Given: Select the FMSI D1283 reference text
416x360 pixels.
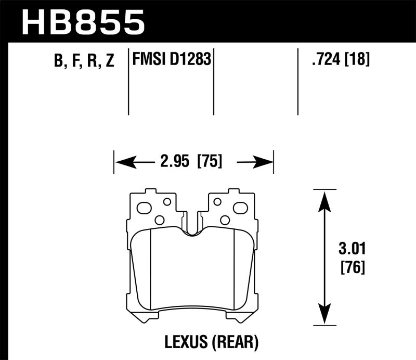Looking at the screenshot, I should coord(172,60).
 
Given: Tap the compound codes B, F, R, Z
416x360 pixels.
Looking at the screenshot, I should coord(83,61).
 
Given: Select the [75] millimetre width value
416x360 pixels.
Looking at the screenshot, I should coord(209,162).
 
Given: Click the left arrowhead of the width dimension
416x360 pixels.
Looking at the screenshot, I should coord(121,163).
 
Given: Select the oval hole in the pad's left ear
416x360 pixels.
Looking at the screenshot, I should coord(144,208).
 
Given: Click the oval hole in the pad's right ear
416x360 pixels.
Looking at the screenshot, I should coord(240,208).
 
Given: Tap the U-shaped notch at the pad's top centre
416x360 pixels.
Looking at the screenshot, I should coord(192,229).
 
